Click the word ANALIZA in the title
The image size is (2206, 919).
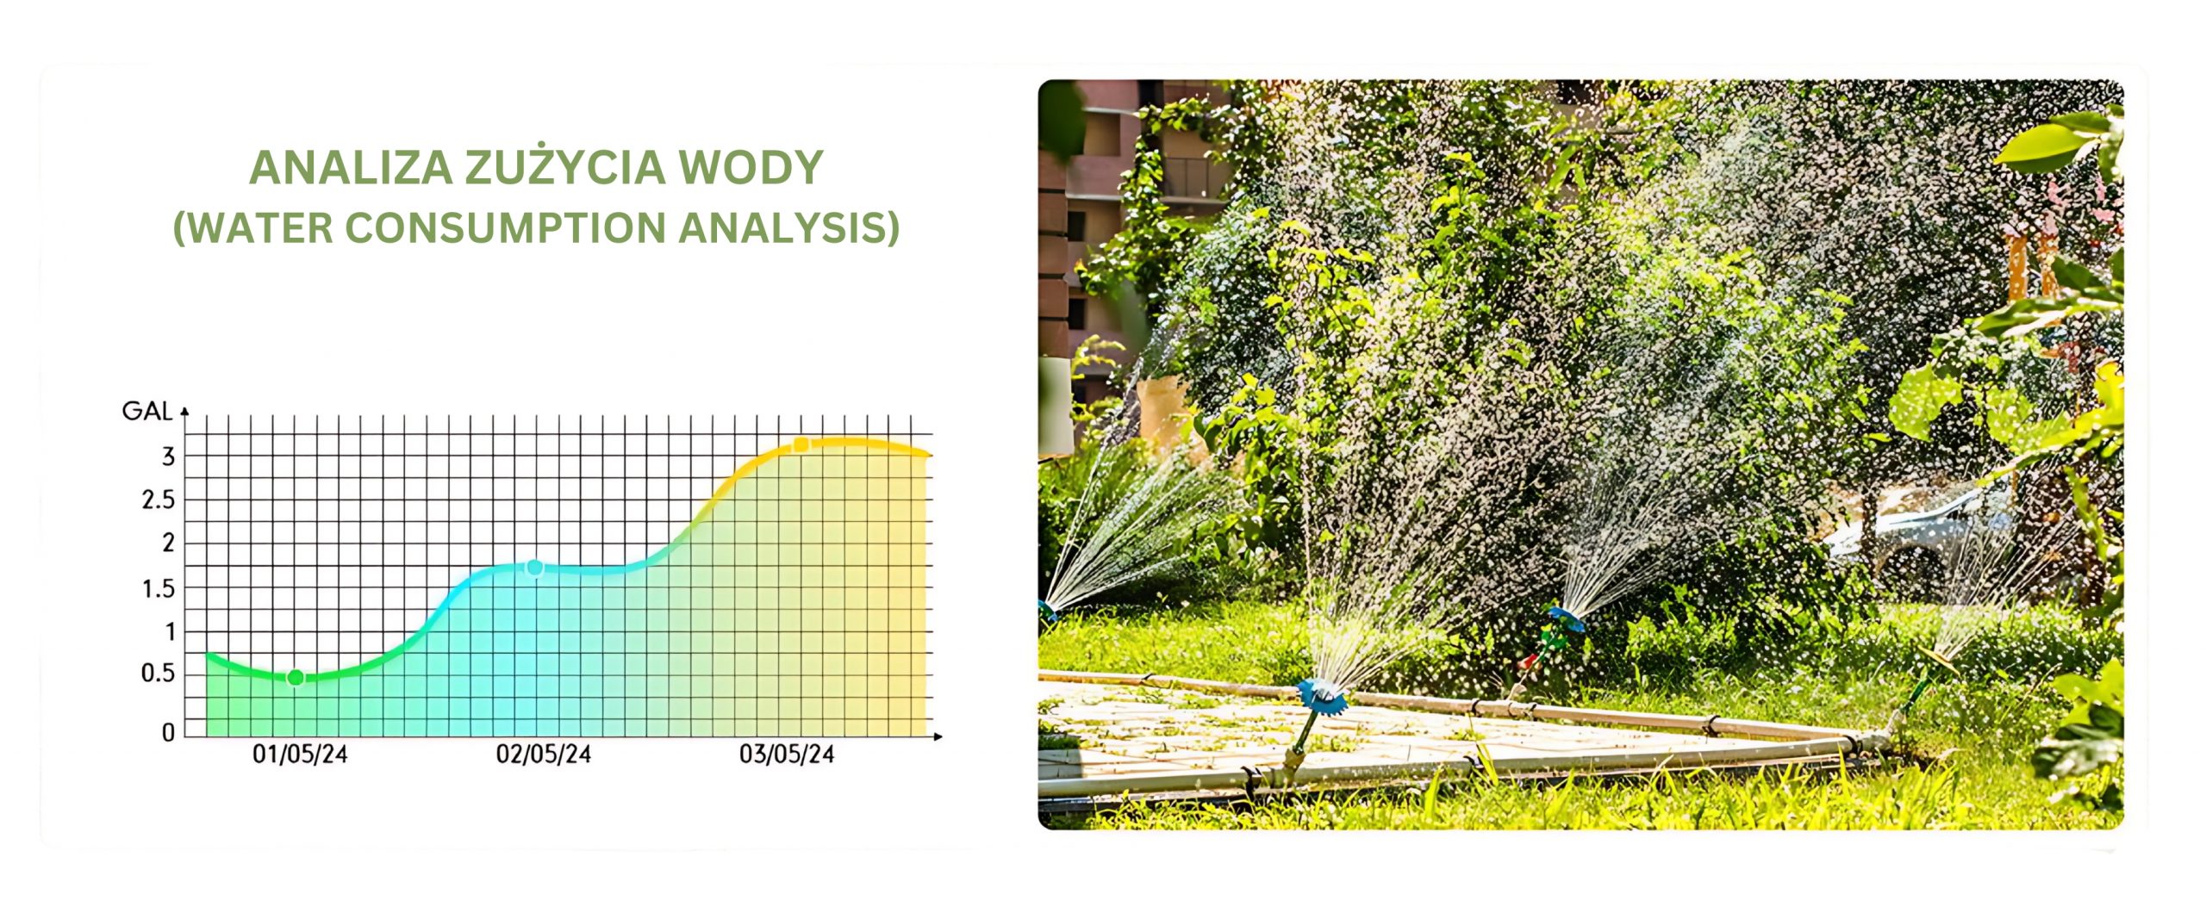(351, 168)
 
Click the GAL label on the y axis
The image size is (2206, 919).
(147, 412)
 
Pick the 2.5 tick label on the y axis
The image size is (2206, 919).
(159, 500)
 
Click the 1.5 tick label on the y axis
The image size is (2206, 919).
(159, 589)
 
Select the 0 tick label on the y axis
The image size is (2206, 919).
(168, 732)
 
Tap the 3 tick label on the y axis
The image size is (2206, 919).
(169, 456)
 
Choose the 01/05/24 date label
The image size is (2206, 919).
(300, 755)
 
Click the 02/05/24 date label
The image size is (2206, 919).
(544, 755)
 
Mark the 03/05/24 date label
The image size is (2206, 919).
(787, 755)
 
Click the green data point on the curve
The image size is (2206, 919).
(296, 678)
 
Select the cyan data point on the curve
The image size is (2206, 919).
(534, 568)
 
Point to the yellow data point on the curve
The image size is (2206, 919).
(801, 444)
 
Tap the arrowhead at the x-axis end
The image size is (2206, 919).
(938, 736)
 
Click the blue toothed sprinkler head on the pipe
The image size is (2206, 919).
(1321, 694)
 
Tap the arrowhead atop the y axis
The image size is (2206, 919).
(184, 413)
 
